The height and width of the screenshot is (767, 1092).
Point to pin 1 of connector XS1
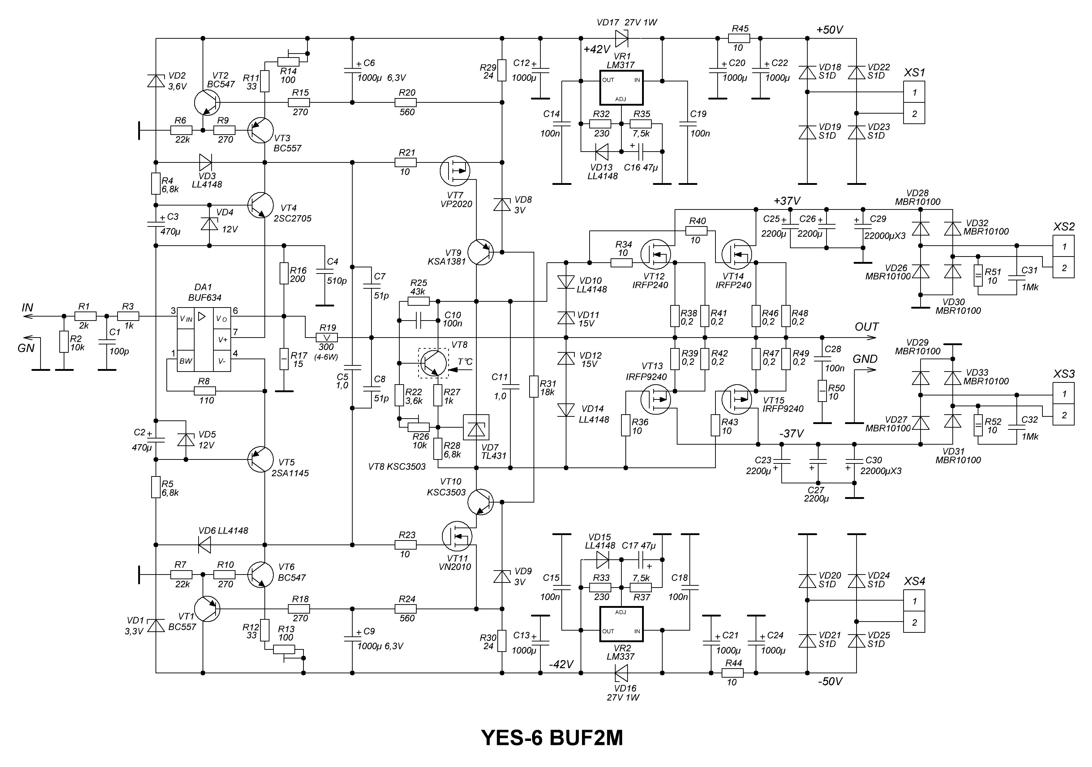click(914, 92)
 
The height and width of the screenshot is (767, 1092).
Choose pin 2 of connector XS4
click(914, 622)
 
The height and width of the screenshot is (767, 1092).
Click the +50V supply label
click(829, 30)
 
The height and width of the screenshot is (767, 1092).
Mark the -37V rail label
click(791, 433)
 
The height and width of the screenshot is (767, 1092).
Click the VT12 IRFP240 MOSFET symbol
click(655, 255)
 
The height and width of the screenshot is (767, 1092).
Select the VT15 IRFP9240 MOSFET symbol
click(736, 399)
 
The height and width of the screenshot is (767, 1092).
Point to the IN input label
click(27, 308)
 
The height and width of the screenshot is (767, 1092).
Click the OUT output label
click(867, 327)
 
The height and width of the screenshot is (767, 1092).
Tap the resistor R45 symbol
click(739, 38)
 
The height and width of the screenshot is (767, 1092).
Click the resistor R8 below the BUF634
click(205, 391)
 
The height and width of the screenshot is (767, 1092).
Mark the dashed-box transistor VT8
click(433, 363)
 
